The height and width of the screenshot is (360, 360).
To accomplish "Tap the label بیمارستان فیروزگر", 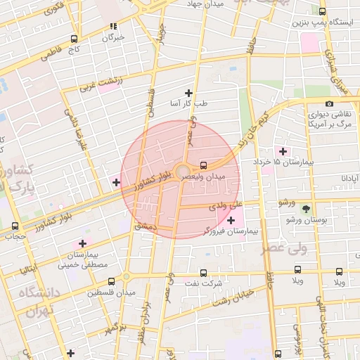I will tap(203, 231).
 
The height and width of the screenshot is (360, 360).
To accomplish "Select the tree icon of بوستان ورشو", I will tap(305, 209).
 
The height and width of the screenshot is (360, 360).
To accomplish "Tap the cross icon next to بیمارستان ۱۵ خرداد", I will tap(283, 151).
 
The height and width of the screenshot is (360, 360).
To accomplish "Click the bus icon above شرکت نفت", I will tap(204, 273).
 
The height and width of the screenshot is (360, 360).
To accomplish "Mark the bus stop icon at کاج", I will tap(75, 39).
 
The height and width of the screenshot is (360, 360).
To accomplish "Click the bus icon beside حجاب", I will tap(15, 226).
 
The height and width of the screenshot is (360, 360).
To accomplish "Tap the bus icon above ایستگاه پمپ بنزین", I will tap(323, 12).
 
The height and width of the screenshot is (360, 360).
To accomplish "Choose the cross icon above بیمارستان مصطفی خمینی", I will tap(83, 243).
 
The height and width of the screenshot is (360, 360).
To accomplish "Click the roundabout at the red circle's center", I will tap(181, 172).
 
